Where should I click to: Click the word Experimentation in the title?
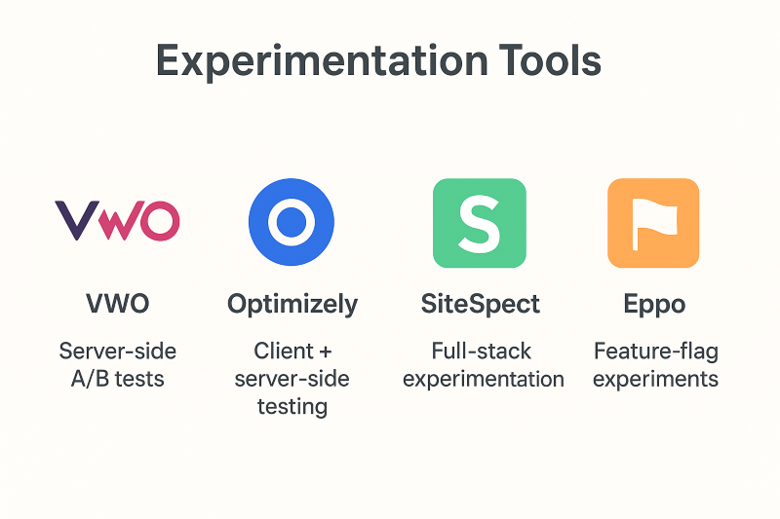click(322, 61)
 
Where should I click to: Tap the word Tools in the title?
click(550, 60)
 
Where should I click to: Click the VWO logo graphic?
click(117, 220)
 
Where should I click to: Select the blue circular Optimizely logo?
click(292, 222)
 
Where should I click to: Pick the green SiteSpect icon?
click(480, 223)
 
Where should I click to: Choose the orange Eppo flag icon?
click(653, 223)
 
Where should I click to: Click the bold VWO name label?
click(117, 304)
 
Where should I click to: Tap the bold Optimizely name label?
click(292, 305)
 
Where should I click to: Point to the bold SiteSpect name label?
click(481, 305)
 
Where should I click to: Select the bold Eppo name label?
click(654, 305)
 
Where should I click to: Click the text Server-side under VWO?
click(118, 352)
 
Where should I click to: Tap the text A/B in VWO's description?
click(90, 379)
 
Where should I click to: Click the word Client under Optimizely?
click(284, 352)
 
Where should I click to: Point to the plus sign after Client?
click(326, 352)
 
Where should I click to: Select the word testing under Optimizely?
click(292, 407)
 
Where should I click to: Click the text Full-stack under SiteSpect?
click(481, 352)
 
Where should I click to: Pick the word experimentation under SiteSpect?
click(484, 380)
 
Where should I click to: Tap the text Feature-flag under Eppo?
click(656, 352)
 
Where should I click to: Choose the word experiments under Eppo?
click(655, 380)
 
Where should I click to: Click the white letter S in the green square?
click(480, 224)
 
